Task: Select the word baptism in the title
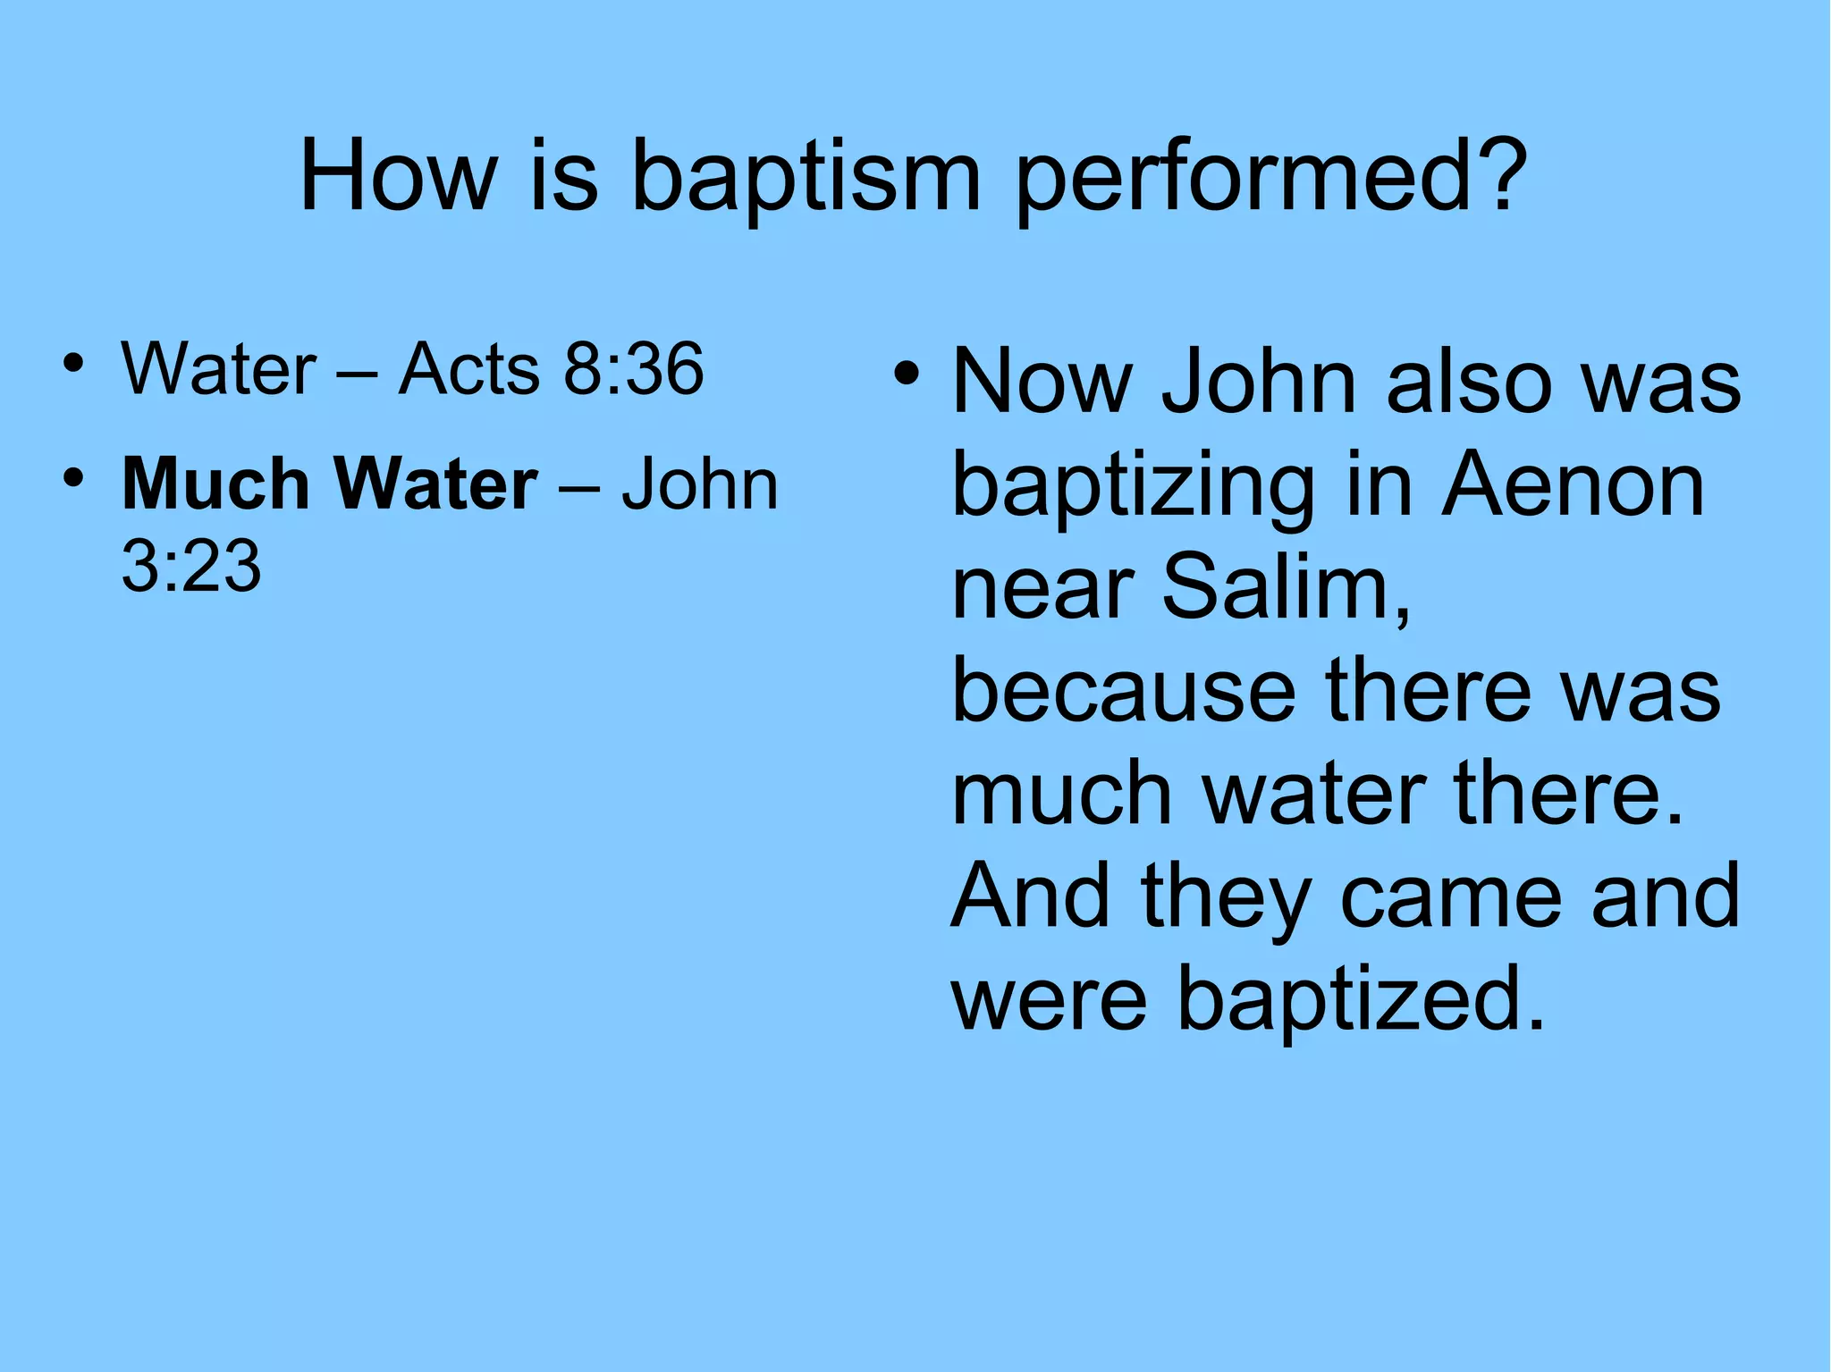click(806, 177)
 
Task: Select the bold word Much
click(215, 484)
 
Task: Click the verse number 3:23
click(191, 566)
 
